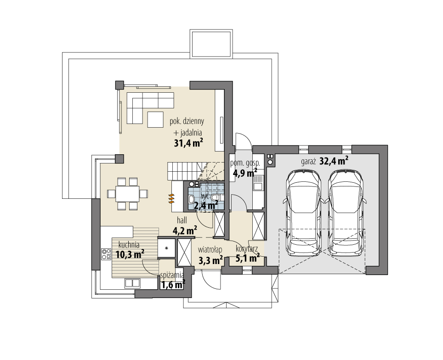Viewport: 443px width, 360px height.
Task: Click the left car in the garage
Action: coord(303,212)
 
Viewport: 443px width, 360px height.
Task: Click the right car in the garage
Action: coord(346,212)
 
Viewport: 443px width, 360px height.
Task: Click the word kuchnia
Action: coord(129,244)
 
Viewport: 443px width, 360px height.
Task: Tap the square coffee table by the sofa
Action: coord(156,119)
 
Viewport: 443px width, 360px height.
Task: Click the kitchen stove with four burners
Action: coord(106,254)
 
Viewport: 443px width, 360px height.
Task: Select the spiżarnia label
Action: coord(172,276)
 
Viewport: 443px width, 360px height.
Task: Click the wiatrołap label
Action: coord(210,249)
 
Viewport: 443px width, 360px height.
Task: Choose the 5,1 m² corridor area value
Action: coord(248,258)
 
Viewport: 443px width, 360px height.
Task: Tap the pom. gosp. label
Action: coord(245,163)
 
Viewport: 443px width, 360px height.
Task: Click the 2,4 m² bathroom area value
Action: coord(206,206)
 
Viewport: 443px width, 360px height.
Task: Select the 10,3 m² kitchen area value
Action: coord(130,253)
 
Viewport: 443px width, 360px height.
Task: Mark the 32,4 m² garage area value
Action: coord(333,161)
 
